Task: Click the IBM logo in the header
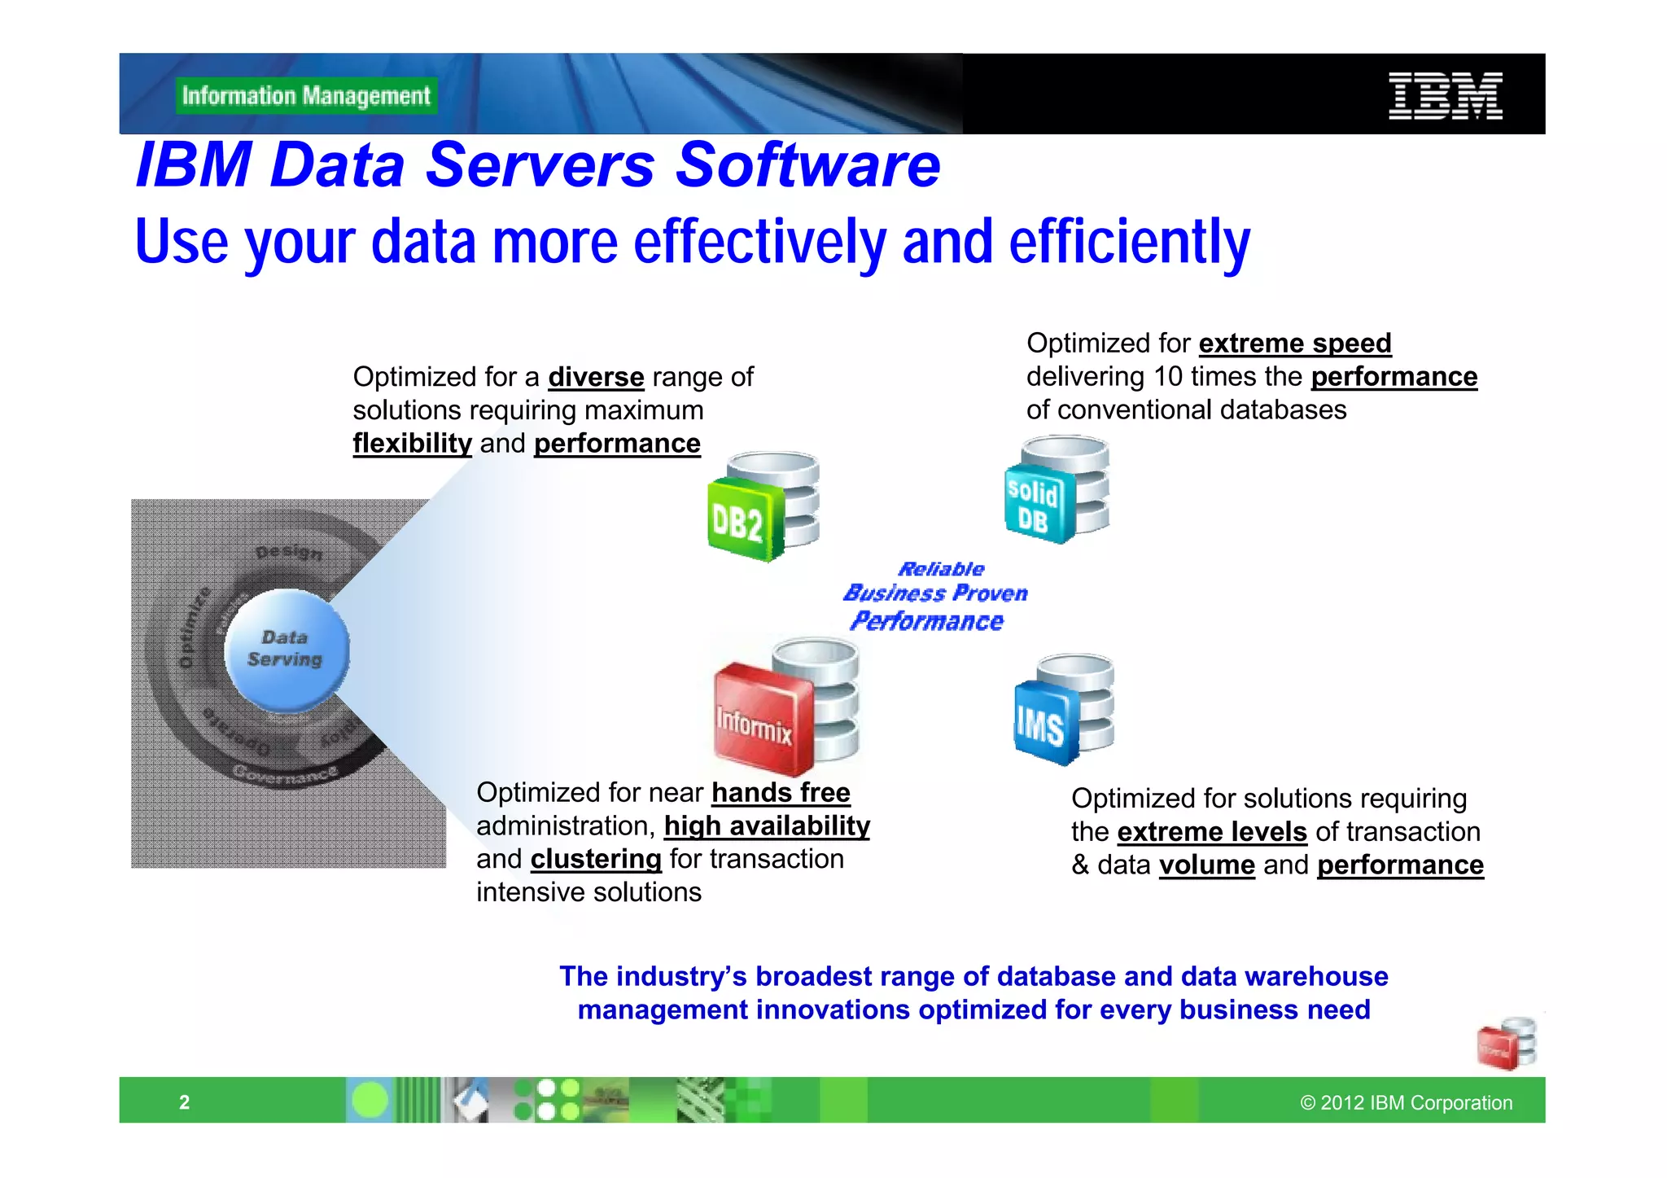(1445, 96)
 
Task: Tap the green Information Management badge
(306, 96)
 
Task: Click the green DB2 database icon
(762, 508)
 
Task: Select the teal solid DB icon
(1057, 491)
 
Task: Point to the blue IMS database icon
(1064, 710)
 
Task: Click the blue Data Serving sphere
(286, 650)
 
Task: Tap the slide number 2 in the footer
(185, 1102)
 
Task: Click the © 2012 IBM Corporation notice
(1406, 1102)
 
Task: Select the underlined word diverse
(596, 378)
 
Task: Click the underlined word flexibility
(412, 444)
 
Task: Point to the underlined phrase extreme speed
(1294, 344)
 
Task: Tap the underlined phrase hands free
(781, 793)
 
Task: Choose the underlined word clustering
(596, 860)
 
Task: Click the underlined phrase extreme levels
(1212, 832)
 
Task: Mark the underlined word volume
(1206, 865)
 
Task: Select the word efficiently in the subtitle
(1129, 243)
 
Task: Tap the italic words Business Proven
(935, 593)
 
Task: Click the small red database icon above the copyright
(1507, 1044)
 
